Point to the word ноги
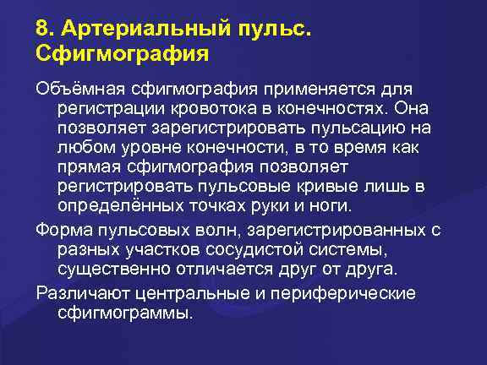tap(334, 205)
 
